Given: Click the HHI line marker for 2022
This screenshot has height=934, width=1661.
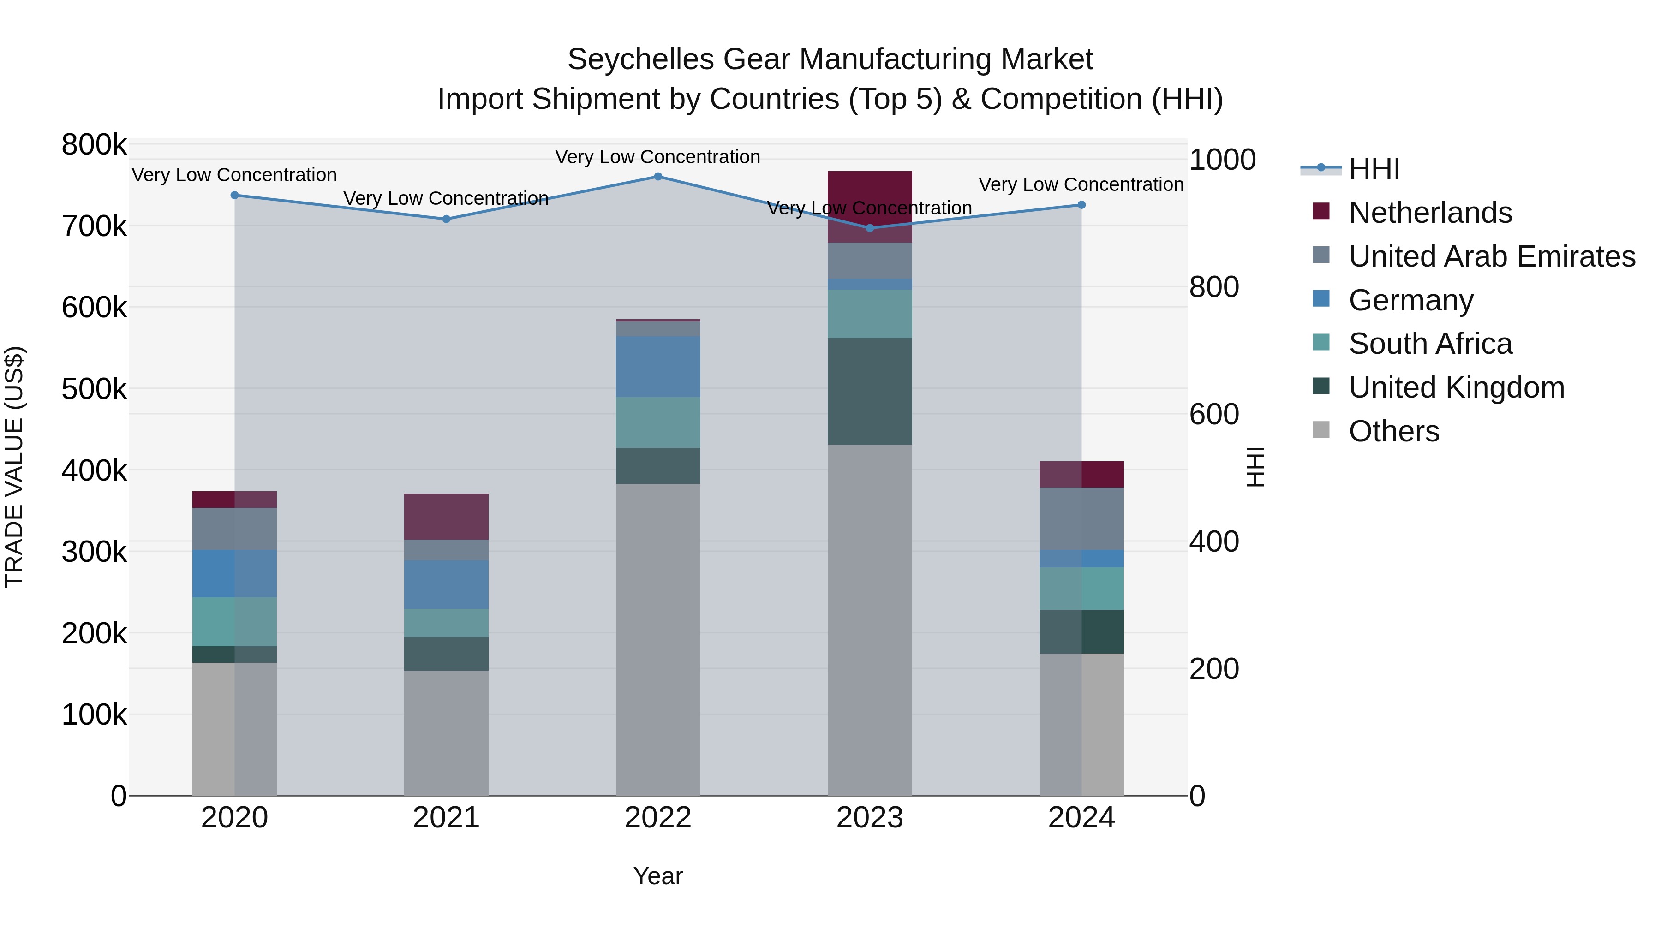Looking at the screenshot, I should [657, 177].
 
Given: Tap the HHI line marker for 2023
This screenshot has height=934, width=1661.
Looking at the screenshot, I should [870, 228].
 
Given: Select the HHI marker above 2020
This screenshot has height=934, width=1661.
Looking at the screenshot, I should [235, 195].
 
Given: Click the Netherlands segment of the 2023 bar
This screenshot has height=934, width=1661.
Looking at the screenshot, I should [870, 206].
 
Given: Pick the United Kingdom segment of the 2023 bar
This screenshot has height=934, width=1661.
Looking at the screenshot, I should [870, 391].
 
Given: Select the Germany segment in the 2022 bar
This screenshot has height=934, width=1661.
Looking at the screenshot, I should [657, 366].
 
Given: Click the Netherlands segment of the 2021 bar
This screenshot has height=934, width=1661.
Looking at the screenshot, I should [446, 516].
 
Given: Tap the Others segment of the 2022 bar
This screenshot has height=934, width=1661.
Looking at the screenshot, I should [657, 638].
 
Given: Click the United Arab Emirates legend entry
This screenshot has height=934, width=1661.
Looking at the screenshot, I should [1491, 256].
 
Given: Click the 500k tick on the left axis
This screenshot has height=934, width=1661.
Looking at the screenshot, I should [94, 389].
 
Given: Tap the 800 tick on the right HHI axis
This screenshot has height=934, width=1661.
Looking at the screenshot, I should [1213, 287].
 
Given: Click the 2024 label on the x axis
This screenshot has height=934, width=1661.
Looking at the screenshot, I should [1081, 818].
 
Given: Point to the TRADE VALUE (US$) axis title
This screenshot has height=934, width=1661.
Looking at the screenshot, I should [14, 467].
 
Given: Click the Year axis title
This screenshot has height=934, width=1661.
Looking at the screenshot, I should [657, 876].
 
